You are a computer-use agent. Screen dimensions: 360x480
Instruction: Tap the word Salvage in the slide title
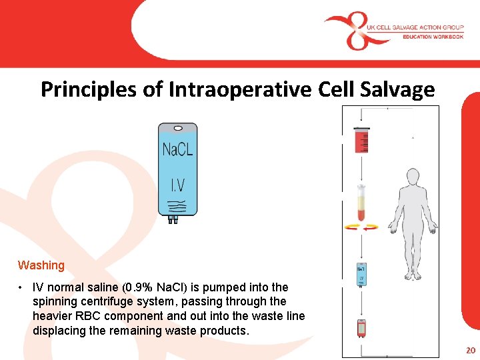click(x=399, y=89)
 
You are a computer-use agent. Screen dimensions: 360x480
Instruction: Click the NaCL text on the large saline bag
click(x=177, y=149)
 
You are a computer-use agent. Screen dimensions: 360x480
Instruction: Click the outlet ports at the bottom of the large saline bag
click(x=173, y=219)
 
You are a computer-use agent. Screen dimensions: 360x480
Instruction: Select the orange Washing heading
click(x=41, y=265)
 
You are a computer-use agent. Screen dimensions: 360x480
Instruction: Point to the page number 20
click(x=471, y=351)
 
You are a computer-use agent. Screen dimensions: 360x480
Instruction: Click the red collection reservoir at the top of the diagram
click(x=361, y=141)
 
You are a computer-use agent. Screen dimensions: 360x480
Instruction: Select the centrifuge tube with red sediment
click(x=361, y=203)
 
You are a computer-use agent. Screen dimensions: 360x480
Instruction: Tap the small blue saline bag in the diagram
click(x=361, y=272)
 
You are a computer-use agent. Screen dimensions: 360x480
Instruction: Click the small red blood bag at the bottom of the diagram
click(x=361, y=328)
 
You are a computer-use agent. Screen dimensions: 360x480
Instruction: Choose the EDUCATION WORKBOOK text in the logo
click(x=432, y=37)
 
